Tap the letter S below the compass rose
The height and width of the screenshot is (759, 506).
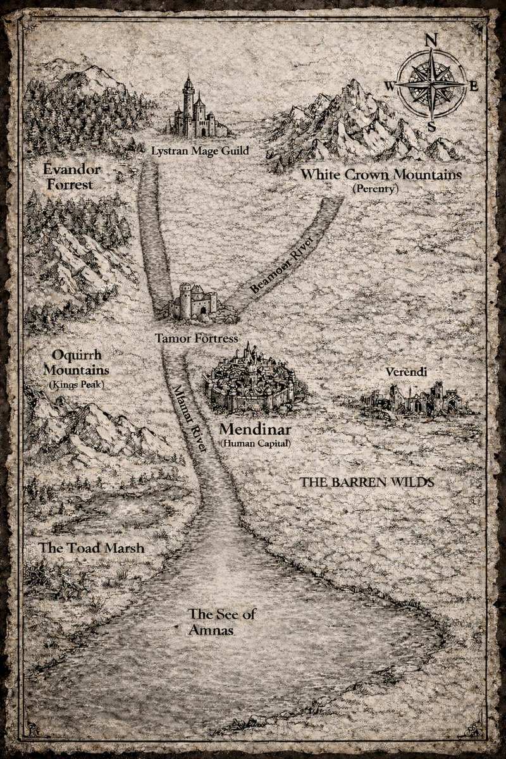pos(432,126)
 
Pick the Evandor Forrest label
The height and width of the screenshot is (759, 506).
pos(69,177)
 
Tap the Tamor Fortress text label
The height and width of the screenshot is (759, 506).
pos(197,338)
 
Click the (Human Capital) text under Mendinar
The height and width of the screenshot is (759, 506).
pos(256,444)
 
